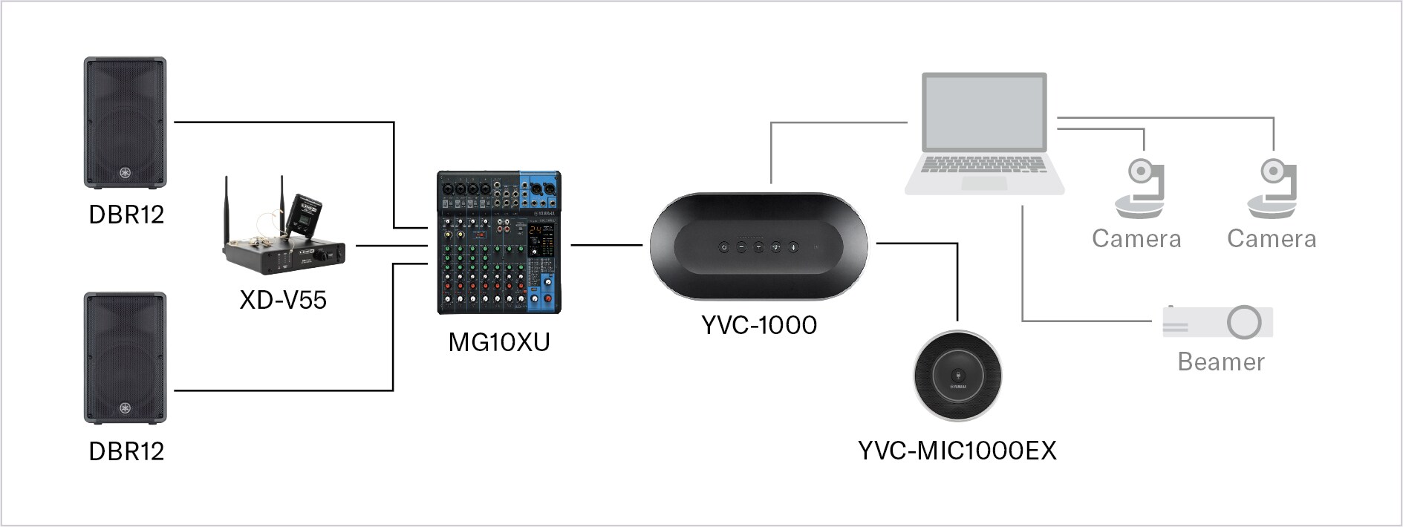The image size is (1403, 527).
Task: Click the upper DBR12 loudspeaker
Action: pos(125,122)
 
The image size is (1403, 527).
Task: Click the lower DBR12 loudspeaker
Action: pos(125,358)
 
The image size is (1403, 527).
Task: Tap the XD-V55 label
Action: pos(283,300)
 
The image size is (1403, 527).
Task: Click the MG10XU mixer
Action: pos(498,243)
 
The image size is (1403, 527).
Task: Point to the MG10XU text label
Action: pos(498,342)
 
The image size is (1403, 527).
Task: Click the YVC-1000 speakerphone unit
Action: pos(758,246)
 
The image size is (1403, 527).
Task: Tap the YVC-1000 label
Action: pos(758,325)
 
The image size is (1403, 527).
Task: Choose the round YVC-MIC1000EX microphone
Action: pos(957,376)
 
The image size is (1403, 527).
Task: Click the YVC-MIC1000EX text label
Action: pos(957,451)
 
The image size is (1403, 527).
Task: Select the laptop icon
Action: pos(984,134)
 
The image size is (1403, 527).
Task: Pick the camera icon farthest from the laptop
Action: pos(1272,189)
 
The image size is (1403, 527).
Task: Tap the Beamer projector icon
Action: pos(1218,322)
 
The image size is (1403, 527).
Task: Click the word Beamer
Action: pos(1220,362)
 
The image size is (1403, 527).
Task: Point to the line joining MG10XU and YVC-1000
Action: pos(606,244)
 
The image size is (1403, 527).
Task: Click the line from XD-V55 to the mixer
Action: pos(391,245)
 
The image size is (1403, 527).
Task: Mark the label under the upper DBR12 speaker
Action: pos(126,215)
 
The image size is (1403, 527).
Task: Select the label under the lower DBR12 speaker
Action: pos(126,451)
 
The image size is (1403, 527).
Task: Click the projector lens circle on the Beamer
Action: pos(1244,322)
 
